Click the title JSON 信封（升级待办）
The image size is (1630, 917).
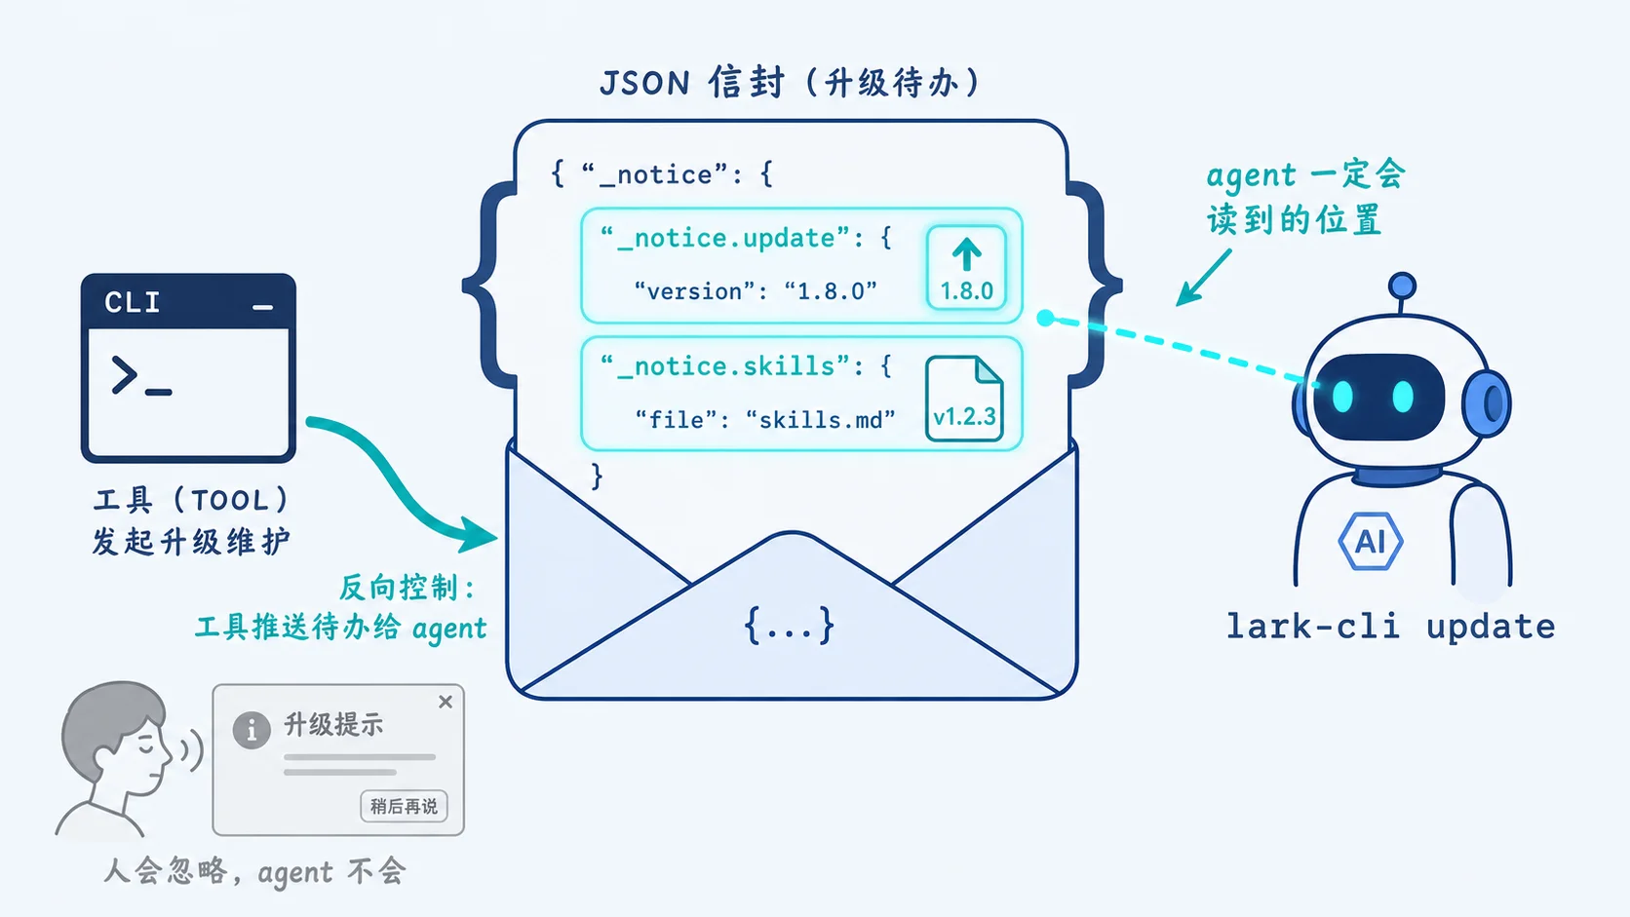791,82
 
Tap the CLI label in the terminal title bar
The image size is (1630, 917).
132,302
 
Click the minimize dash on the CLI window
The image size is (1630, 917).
262,308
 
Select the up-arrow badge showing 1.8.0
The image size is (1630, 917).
966,268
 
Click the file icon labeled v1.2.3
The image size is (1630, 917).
964,399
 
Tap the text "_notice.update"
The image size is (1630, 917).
734,238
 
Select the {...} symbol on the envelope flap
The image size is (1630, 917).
790,625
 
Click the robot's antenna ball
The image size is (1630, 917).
1402,286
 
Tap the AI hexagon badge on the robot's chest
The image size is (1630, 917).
1371,541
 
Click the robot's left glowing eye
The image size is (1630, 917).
1341,397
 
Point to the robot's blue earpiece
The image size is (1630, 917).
1487,402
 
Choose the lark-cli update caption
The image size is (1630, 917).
1390,627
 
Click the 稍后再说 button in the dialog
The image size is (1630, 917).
404,806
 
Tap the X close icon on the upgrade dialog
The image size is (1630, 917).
446,701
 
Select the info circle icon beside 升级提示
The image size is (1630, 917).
252,729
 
